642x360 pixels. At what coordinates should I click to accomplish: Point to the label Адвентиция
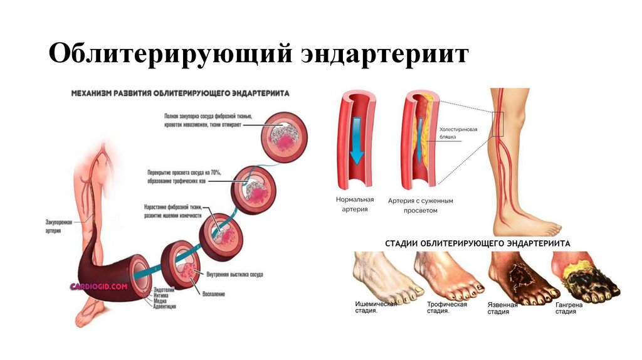coord(161,307)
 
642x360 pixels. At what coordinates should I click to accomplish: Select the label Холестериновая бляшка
coord(458,134)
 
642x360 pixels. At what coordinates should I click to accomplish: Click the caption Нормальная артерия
coord(354,204)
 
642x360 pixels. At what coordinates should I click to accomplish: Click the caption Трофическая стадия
coord(446,307)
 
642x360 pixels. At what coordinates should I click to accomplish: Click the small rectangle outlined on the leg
coord(498,123)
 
